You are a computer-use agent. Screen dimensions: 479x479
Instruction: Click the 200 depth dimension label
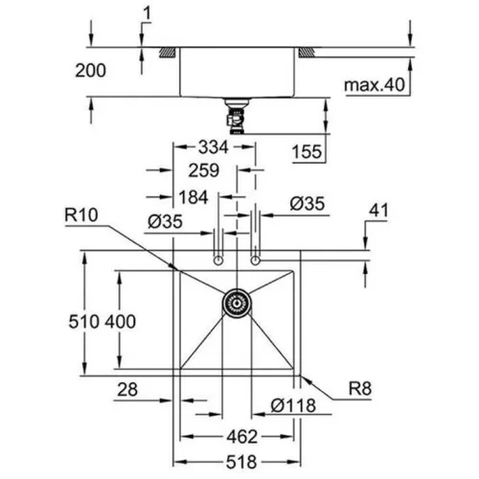click(90, 71)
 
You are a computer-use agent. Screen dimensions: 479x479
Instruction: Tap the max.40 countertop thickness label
click(375, 85)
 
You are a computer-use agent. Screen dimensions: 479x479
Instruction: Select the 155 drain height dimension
click(307, 151)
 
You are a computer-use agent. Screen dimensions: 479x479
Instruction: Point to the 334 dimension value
click(214, 148)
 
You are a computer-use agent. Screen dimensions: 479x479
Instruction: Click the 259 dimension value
click(204, 171)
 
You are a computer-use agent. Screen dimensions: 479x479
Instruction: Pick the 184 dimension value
click(194, 197)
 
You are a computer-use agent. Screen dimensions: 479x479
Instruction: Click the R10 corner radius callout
click(81, 216)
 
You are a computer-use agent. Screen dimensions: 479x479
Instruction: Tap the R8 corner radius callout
click(360, 389)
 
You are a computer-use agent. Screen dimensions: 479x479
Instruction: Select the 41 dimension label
click(378, 211)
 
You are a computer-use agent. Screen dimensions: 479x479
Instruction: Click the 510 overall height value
click(84, 322)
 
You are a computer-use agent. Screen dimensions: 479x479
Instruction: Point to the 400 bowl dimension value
click(121, 322)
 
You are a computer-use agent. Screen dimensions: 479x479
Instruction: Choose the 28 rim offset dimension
click(127, 390)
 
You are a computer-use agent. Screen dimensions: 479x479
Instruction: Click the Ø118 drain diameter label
click(293, 405)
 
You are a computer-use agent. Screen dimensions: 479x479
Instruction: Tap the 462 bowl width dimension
click(241, 437)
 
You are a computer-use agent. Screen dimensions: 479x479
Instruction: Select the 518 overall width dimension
click(241, 462)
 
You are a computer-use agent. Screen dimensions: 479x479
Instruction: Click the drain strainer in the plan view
click(237, 303)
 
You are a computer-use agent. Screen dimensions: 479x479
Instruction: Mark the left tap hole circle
click(218, 261)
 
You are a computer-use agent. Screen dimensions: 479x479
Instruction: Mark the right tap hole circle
click(255, 261)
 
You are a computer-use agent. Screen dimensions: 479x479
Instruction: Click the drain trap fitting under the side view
click(237, 116)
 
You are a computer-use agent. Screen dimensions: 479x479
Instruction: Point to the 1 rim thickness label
click(147, 14)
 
